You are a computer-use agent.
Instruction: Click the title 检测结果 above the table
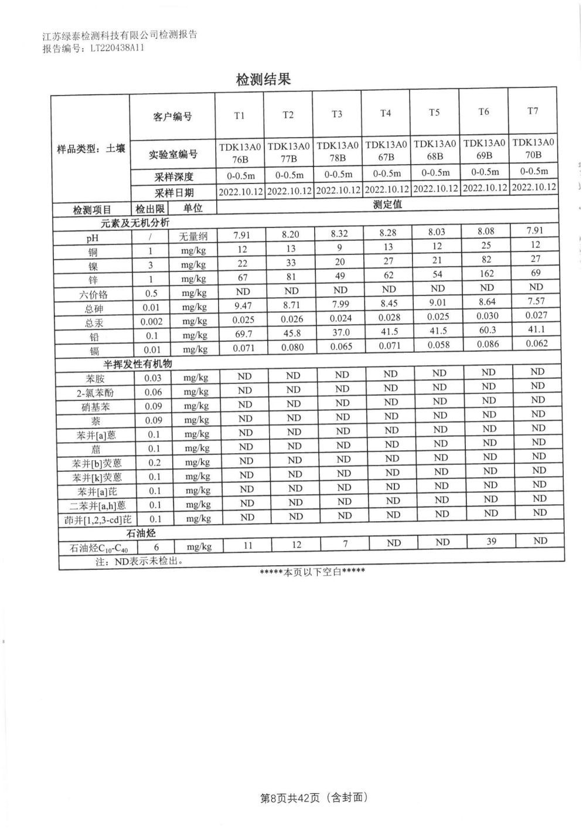pyautogui.click(x=263, y=80)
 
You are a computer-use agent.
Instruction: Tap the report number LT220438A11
pyautogui.click(x=117, y=49)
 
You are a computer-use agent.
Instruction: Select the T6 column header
pyautogui.click(x=483, y=112)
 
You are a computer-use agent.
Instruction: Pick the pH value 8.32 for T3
pyautogui.click(x=339, y=233)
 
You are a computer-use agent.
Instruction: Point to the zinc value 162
pyautogui.click(x=486, y=274)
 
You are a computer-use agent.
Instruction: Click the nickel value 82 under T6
pyautogui.click(x=486, y=260)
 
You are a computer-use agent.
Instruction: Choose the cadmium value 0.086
pyautogui.click(x=488, y=344)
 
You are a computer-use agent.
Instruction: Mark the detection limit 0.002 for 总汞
pyautogui.click(x=152, y=322)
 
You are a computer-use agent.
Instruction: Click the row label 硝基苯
pyautogui.click(x=96, y=407)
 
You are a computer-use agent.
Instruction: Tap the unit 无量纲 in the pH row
pyautogui.click(x=193, y=237)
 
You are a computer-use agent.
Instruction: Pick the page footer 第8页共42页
pyautogui.click(x=290, y=797)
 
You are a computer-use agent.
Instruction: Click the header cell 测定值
pyautogui.click(x=387, y=205)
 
